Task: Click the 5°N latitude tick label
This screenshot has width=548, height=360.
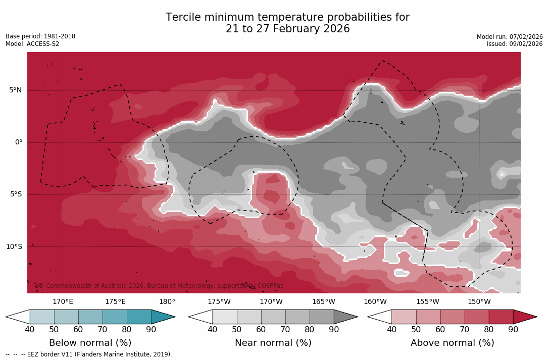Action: point(15,90)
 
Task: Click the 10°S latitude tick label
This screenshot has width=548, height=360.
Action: point(14,247)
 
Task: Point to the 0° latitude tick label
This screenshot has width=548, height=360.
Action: point(19,142)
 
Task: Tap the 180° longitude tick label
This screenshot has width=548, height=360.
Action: point(167,302)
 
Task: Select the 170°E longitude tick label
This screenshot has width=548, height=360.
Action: point(63,302)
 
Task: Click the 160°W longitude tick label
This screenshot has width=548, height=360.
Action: point(375,302)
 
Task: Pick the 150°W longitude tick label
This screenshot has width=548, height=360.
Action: point(479,302)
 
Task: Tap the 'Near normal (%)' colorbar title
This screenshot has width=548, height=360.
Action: point(273,343)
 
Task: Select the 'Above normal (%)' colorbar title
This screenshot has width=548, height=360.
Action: point(453,343)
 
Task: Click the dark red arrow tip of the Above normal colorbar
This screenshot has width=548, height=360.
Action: point(525,317)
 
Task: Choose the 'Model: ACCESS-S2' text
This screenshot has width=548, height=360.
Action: point(32,44)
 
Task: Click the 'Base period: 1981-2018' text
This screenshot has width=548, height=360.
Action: point(40,36)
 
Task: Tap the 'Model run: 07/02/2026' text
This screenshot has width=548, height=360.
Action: point(510,37)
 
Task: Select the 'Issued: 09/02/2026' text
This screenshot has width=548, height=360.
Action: point(515,44)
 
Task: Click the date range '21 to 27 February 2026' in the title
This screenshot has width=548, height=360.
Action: point(287,29)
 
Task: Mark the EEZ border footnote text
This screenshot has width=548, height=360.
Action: point(89,354)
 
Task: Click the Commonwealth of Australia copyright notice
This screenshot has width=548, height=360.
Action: point(161,286)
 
